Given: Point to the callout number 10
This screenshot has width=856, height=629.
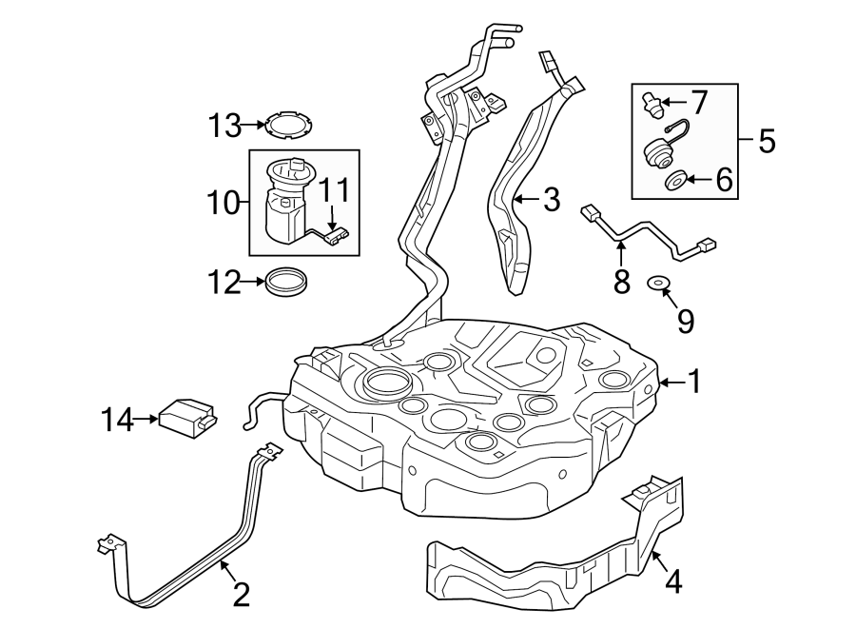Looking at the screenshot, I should (x=224, y=202).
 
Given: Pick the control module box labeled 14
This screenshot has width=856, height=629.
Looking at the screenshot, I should (x=187, y=417).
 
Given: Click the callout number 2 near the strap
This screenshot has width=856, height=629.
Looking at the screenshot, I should (x=241, y=594).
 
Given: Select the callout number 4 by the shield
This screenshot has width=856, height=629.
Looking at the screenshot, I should (x=672, y=580).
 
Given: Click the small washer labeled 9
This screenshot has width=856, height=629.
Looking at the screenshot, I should (x=655, y=282).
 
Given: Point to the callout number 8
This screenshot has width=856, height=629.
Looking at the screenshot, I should (x=622, y=283).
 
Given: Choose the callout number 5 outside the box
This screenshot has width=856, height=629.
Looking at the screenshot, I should (x=767, y=142).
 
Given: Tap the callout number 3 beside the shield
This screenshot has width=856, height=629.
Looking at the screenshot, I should (x=551, y=200).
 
